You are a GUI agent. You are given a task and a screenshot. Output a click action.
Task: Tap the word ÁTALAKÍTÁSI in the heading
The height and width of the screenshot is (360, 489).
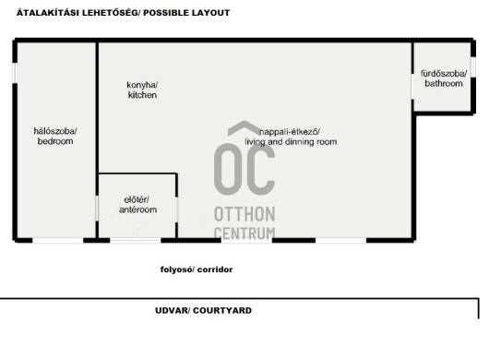point(48,13)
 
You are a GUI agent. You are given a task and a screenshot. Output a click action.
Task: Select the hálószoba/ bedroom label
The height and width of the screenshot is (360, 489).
point(55,136)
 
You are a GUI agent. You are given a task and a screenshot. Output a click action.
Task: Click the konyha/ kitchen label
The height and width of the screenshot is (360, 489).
point(142,90)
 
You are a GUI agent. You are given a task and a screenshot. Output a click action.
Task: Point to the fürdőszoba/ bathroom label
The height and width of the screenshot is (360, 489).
point(444,78)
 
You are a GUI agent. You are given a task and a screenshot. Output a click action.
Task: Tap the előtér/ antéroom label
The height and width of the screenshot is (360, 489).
point(137,204)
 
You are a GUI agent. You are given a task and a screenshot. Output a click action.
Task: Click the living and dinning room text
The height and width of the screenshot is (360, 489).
point(291,142)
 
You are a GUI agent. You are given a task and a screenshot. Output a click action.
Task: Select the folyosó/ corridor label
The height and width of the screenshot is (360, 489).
point(197,270)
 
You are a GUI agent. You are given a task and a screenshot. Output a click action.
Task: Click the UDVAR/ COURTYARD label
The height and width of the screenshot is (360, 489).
point(203,310)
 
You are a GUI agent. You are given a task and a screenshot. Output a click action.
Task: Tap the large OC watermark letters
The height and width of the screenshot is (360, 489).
point(244,170)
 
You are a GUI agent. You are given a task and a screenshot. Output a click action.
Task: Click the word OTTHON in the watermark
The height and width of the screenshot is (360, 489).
point(244,214)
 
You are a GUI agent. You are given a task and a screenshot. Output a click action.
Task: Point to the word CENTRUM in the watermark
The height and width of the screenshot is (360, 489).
point(244,233)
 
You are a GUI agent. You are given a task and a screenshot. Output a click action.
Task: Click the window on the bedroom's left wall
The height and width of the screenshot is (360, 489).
point(15,73)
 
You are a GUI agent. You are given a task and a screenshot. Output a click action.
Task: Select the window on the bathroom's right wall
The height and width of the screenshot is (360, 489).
point(473,67)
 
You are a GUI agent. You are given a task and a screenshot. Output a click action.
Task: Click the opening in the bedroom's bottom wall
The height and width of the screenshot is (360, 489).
point(58,240)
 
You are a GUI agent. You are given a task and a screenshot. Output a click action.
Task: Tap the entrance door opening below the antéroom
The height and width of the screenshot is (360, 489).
point(136,240)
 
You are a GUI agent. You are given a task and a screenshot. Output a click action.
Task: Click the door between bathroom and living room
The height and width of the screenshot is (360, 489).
point(413,87)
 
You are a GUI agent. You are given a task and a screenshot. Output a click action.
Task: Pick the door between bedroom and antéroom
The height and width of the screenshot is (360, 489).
point(97,209)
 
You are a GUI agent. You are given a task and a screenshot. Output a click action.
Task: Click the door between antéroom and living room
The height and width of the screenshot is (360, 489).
point(177,210)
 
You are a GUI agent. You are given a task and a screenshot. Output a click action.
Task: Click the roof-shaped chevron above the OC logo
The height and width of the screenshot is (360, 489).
point(244,128)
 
